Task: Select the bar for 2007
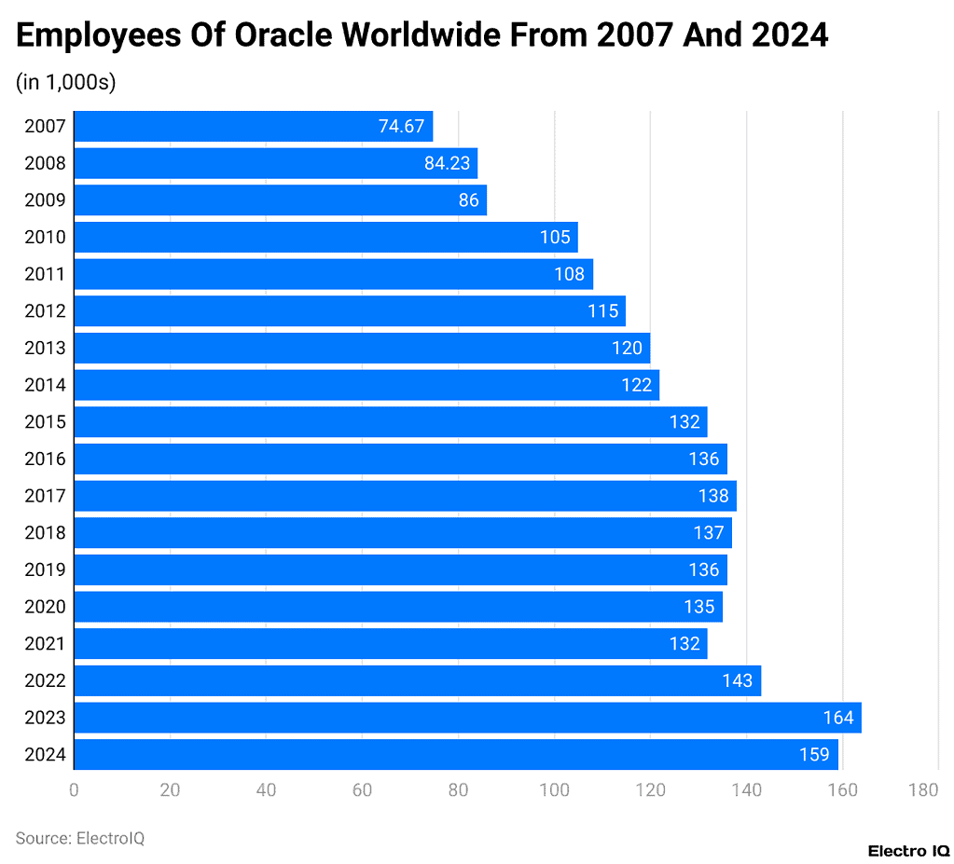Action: (x=253, y=127)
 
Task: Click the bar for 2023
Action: (x=467, y=718)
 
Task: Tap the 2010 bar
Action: (x=325, y=237)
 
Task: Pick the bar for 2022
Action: (x=417, y=680)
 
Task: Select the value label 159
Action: (x=814, y=754)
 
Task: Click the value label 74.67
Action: (x=401, y=127)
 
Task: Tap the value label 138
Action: (x=713, y=496)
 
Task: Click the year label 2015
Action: (x=45, y=422)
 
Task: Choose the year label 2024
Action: (x=45, y=754)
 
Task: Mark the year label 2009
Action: (x=45, y=200)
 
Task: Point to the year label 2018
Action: (x=45, y=533)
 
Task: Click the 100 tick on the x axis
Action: (x=555, y=790)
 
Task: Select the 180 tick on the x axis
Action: (x=923, y=790)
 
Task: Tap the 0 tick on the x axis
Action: (x=74, y=790)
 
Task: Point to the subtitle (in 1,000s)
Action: (x=65, y=82)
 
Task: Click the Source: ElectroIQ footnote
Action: (x=80, y=838)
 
